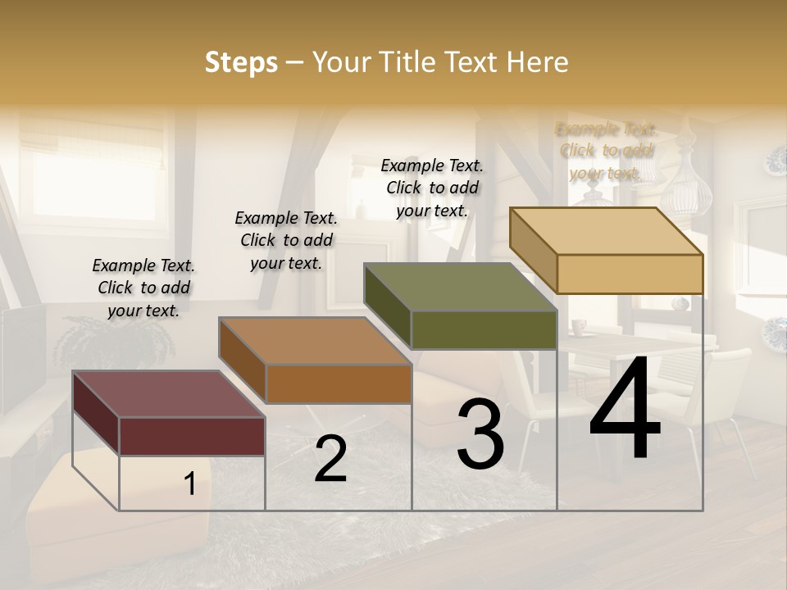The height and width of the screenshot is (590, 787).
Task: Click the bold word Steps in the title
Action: (x=241, y=62)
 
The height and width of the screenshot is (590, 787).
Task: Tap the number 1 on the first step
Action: (x=189, y=484)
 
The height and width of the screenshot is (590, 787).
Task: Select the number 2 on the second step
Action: (x=330, y=459)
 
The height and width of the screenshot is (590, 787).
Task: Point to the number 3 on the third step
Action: (x=480, y=434)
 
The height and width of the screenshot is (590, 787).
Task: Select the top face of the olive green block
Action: (x=460, y=287)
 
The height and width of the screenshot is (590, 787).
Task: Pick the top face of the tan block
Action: (x=606, y=231)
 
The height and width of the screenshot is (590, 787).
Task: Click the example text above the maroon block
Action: (x=143, y=288)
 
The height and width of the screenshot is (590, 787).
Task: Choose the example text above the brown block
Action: (x=286, y=240)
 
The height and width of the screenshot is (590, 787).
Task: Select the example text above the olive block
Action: (x=432, y=188)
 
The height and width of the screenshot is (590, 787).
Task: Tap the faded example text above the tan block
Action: (x=606, y=151)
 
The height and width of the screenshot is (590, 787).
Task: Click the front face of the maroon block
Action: (x=192, y=436)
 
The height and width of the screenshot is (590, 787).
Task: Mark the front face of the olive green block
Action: (x=484, y=330)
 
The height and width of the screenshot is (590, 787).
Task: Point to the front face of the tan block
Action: (x=630, y=274)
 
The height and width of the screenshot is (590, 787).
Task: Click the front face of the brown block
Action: (x=338, y=383)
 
